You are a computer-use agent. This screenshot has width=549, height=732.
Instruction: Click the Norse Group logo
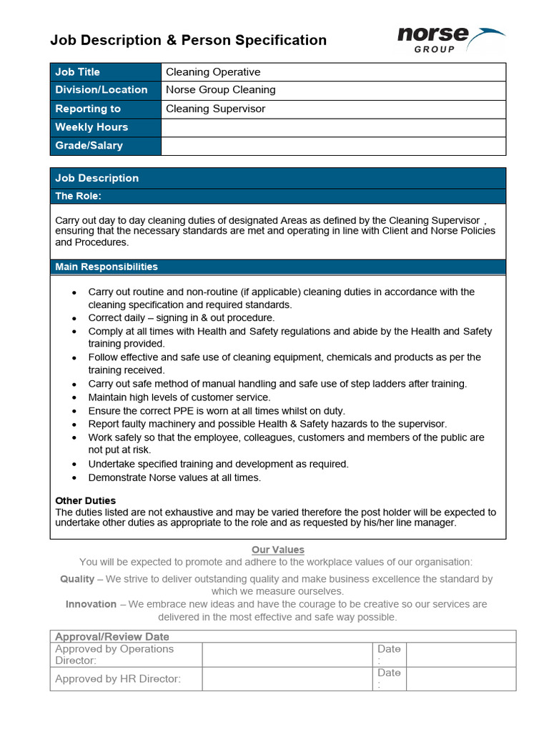pos(450,39)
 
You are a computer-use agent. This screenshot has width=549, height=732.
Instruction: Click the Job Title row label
pos(77,71)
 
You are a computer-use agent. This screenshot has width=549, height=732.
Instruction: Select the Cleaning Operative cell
pos(213,71)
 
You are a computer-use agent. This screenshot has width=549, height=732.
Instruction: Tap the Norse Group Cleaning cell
pos(220,90)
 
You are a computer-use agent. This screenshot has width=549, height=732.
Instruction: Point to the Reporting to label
pos(87,109)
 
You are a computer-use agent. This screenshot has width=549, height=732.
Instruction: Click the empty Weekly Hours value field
pos(333,127)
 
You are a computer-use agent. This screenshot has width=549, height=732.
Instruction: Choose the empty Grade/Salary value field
pos(333,146)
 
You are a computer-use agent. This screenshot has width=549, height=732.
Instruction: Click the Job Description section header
pos(97,178)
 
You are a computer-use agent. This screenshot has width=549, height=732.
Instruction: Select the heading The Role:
pos(78,196)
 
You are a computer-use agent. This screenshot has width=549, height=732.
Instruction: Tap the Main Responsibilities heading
pos(106,267)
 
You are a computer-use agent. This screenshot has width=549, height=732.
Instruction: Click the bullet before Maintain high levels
pos(75,397)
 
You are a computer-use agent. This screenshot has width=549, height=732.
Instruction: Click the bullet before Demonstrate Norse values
pos(75,478)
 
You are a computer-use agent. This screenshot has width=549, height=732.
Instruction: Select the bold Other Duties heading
pos(85,500)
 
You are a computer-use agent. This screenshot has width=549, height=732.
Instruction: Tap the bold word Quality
pos(77,579)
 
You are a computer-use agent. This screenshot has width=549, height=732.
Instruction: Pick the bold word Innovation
pos(91,604)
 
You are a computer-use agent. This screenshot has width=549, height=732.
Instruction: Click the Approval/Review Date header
pos(112,636)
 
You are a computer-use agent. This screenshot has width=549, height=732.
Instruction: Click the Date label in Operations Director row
pos(389,649)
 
